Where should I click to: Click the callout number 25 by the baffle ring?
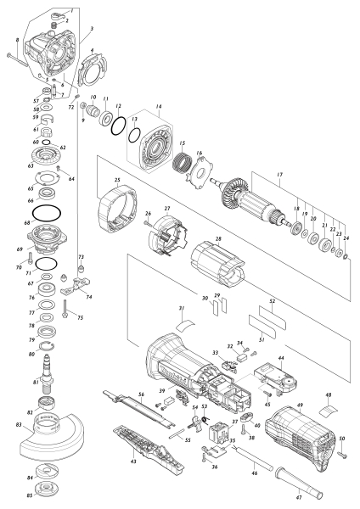(118, 179)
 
